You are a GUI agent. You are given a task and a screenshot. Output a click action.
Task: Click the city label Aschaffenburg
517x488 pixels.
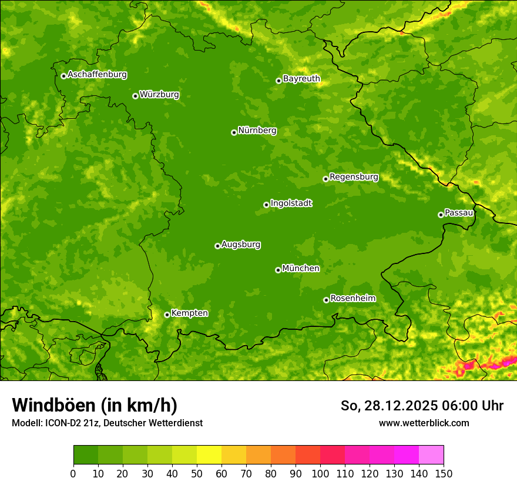pyautogui.click(x=97, y=75)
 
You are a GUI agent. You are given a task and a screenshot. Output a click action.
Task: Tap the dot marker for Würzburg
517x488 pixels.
pyautogui.click(x=135, y=96)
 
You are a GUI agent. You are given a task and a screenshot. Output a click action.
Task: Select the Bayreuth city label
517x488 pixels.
pyautogui.click(x=301, y=79)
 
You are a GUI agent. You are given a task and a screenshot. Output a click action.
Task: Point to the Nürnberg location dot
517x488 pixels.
pyautogui.click(x=234, y=132)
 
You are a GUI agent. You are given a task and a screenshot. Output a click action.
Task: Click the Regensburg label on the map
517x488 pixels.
pyautogui.click(x=354, y=177)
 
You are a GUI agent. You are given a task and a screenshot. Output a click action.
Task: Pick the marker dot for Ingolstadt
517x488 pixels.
pyautogui.click(x=266, y=205)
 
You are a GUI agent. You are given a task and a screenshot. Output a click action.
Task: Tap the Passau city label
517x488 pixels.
pyautogui.click(x=459, y=213)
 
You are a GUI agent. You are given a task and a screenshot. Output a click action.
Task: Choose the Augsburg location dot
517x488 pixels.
pyautogui.click(x=217, y=246)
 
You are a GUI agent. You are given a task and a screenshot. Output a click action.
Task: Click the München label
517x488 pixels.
pyautogui.click(x=301, y=269)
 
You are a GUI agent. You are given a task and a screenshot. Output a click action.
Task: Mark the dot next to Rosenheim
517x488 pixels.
pyautogui.click(x=326, y=300)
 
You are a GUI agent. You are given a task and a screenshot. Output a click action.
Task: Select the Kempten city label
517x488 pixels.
pyautogui.click(x=189, y=313)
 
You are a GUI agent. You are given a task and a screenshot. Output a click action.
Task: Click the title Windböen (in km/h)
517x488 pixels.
pyautogui.click(x=95, y=405)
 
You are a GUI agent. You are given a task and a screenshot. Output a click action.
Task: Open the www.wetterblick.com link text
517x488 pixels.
pyautogui.click(x=424, y=423)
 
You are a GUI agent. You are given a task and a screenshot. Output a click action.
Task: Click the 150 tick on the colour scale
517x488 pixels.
pyautogui.click(x=444, y=473)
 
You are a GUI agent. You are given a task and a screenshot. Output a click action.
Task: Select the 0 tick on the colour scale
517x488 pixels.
pyautogui.click(x=73, y=473)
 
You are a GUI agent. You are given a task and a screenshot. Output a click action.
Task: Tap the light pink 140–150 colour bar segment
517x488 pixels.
pyautogui.click(x=431, y=455)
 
